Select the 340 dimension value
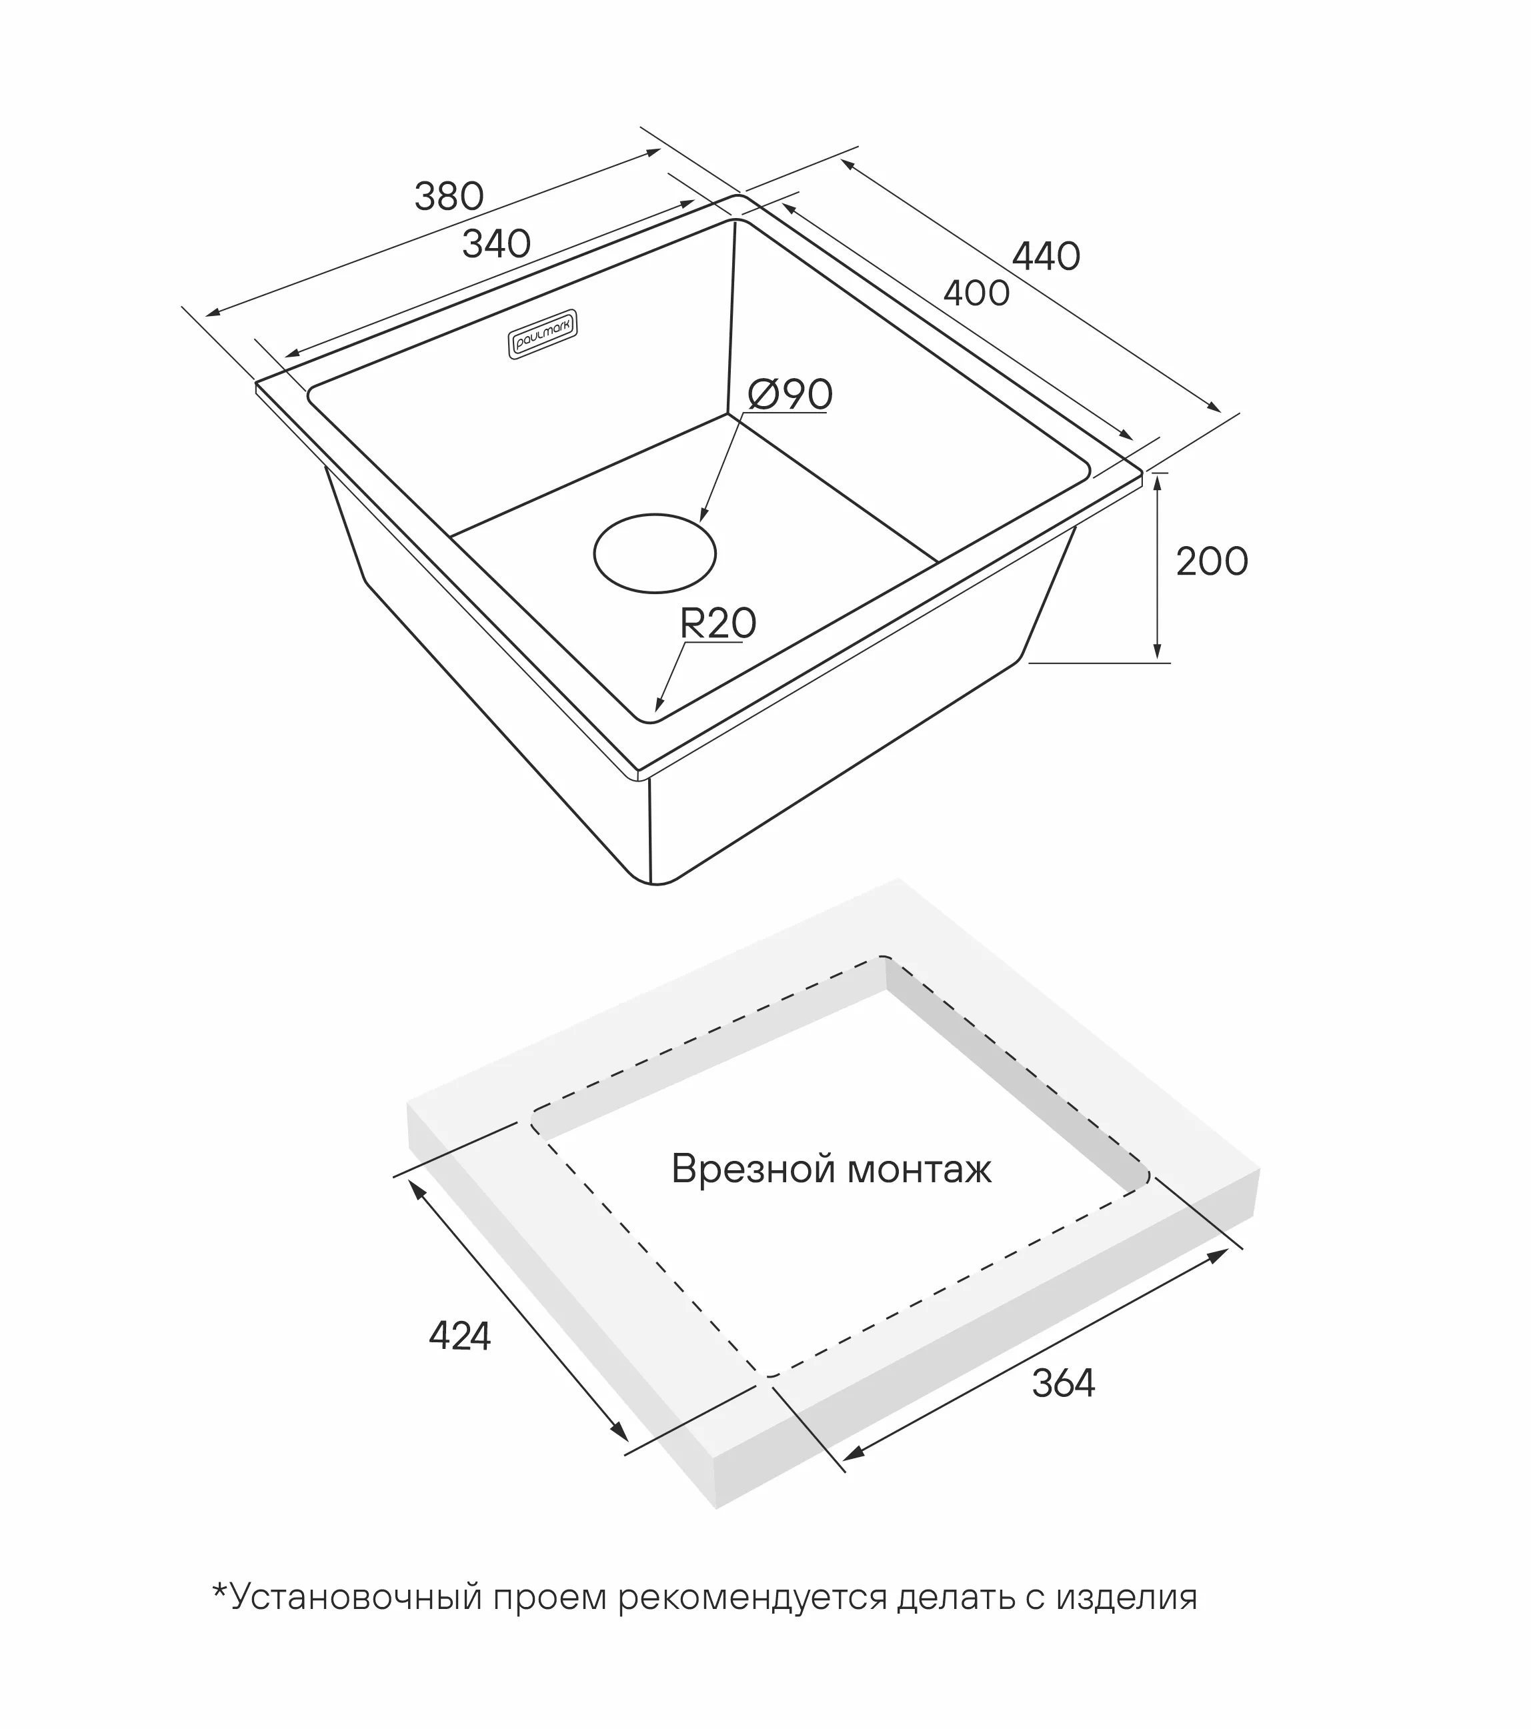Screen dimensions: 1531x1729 point(497,245)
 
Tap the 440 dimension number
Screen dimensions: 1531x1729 point(1046,256)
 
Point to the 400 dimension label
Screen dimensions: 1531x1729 point(976,293)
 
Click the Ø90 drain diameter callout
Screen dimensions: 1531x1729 point(790,394)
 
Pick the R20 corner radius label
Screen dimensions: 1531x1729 point(717,623)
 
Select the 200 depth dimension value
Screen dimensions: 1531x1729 point(1212,561)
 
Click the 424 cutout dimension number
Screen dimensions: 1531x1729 point(460,1336)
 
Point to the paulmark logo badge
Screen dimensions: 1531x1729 point(543,334)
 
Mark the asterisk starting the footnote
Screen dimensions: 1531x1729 point(220,1590)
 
